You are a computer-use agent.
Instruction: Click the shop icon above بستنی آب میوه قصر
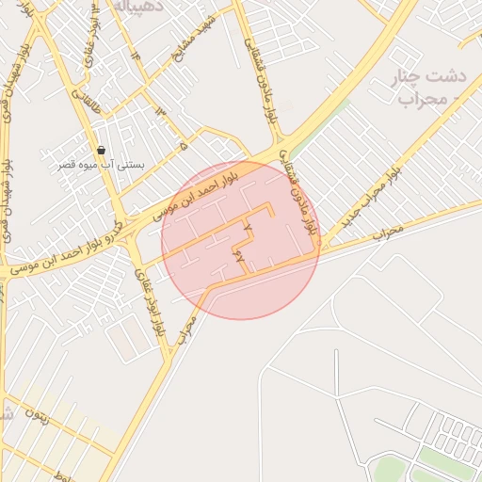(x=101, y=150)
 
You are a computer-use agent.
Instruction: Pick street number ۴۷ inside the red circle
(x=238, y=254)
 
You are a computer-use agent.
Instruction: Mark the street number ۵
(x=184, y=146)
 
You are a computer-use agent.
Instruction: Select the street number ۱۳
(x=159, y=112)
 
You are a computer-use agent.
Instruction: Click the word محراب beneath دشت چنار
(x=420, y=98)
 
